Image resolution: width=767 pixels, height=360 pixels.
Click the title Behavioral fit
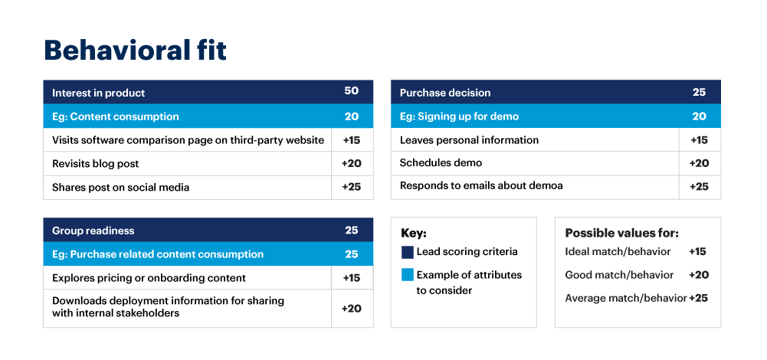tap(135, 51)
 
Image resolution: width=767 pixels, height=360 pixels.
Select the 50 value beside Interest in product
tap(351, 91)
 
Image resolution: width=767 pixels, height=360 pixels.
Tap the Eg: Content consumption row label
tap(115, 116)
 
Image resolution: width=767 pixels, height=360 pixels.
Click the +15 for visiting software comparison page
tap(352, 140)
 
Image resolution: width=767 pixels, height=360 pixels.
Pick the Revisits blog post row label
tap(95, 163)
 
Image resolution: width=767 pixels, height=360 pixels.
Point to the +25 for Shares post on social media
tap(352, 187)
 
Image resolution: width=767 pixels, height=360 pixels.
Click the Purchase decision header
tap(445, 93)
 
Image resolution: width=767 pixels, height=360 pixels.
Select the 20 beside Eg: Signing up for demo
tap(699, 116)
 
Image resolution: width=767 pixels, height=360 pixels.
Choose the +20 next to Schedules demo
tap(699, 163)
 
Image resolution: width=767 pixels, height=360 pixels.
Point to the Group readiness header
tap(93, 231)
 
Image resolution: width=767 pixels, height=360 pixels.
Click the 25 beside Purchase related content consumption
tap(351, 254)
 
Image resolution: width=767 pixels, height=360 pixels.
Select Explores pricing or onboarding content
tap(149, 278)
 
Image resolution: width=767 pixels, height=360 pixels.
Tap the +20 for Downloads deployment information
tap(352, 308)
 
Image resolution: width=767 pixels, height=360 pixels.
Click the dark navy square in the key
tap(407, 252)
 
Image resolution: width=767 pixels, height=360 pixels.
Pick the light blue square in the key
tap(407, 274)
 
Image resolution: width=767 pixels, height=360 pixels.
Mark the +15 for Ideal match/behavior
tap(697, 251)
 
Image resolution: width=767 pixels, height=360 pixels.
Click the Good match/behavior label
tap(619, 275)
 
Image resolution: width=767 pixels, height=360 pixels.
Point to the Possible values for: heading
tap(621, 233)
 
